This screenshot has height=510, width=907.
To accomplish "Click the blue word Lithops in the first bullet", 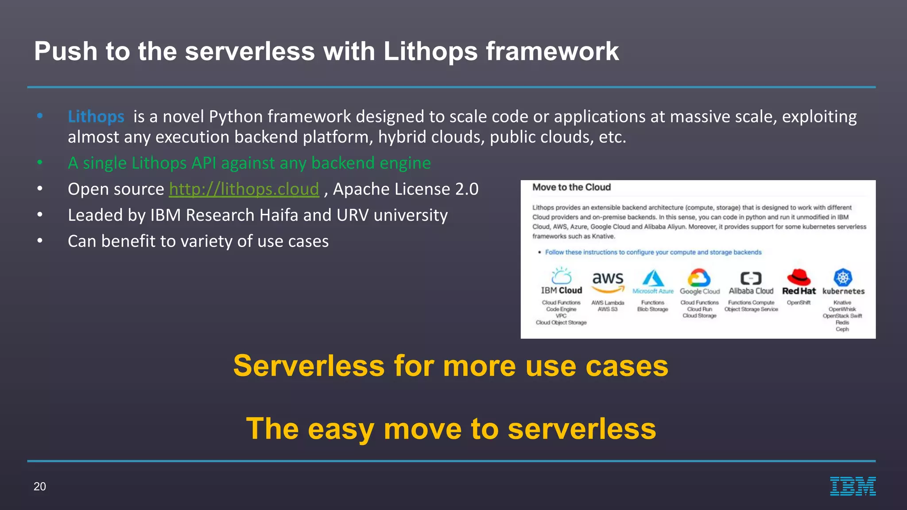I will [96, 116].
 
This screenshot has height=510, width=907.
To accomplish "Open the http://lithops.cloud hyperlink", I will [244, 189].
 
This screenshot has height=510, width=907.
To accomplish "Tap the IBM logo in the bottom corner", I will [853, 486].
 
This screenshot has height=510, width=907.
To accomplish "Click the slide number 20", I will [40, 487].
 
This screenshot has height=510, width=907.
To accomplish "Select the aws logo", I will [608, 282].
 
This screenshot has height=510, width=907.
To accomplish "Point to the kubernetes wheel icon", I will [843, 278].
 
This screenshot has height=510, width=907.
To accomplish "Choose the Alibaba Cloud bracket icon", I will [751, 278].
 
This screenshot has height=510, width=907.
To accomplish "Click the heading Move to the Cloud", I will [571, 187].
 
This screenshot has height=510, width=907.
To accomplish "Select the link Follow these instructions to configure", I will [653, 252].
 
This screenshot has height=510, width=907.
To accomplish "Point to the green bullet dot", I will [40, 162].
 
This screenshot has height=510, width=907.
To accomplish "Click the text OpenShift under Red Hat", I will [798, 303].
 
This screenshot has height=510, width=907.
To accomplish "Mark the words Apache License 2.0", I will [406, 189].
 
